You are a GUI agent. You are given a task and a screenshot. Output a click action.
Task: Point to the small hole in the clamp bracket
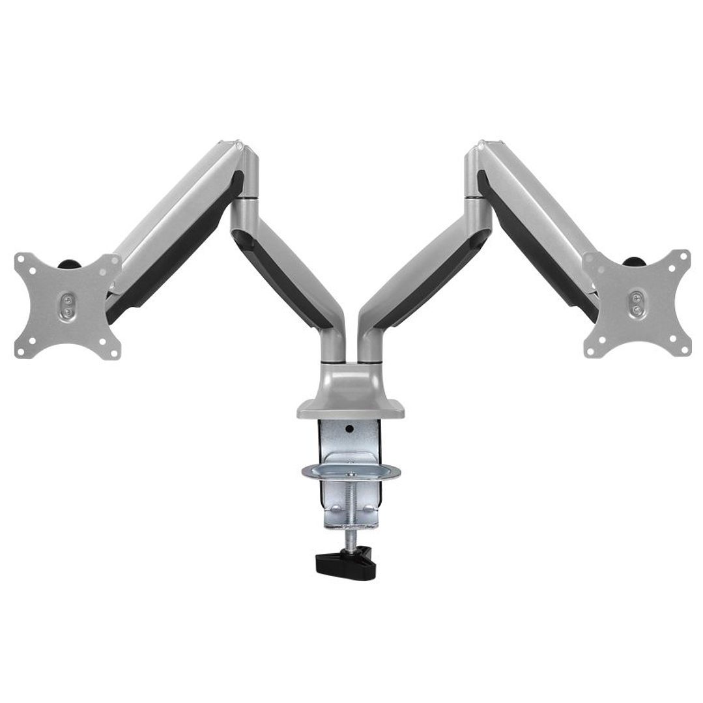point(349,429)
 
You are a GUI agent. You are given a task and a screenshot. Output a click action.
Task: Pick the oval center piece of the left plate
point(67,306)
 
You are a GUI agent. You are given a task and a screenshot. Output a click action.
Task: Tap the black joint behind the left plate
point(68,264)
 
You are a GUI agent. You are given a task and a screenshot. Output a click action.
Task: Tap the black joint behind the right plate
point(633,262)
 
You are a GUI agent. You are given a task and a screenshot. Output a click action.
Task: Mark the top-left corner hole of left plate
point(22,259)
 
